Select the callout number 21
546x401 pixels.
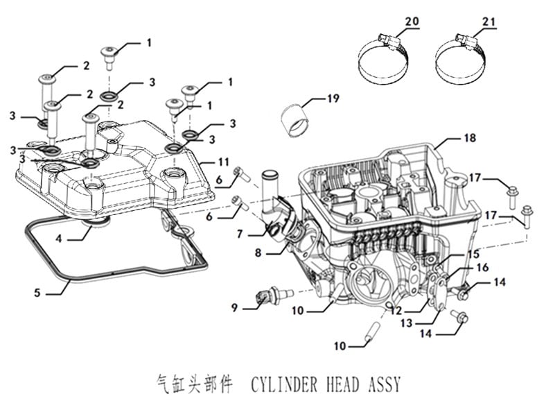click(488, 23)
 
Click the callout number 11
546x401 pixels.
click(222, 162)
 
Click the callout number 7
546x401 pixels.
click(240, 234)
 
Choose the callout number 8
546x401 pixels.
click(258, 255)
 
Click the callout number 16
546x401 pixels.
click(482, 267)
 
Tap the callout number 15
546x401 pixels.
click(473, 254)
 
